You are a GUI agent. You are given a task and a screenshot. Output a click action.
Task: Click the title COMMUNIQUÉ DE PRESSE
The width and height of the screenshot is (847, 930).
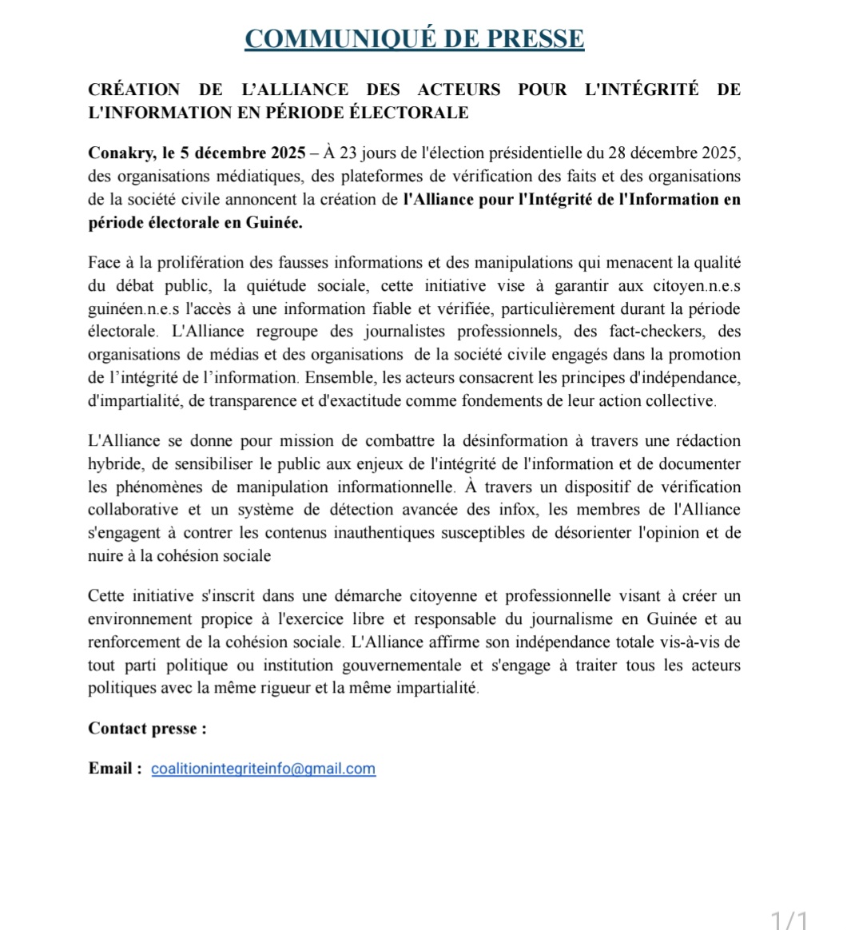414,38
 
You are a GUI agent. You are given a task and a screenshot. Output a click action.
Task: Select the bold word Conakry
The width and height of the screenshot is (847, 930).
117,153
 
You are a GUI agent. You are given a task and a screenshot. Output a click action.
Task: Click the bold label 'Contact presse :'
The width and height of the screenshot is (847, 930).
147,728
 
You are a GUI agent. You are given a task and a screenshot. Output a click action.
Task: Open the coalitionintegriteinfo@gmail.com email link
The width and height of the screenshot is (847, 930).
263,769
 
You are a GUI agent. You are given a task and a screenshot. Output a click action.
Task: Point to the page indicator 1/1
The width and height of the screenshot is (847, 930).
789,920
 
